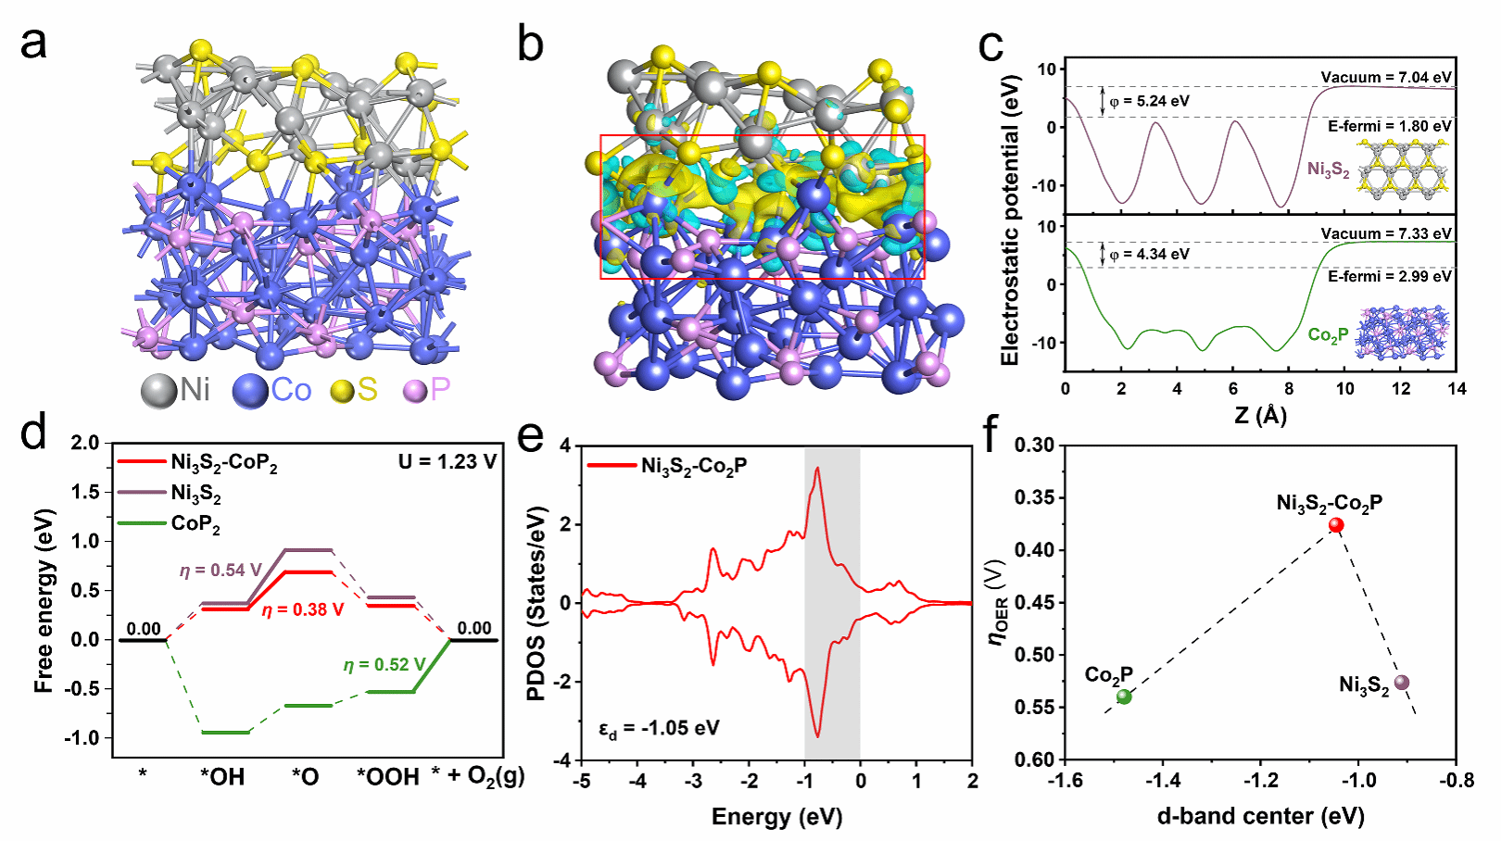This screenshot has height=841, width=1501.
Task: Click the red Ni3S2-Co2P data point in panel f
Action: point(1336,525)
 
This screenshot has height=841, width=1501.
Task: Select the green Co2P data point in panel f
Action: point(1124,697)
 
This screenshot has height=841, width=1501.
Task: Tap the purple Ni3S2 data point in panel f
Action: point(1401,683)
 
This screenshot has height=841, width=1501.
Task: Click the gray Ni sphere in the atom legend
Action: point(158,391)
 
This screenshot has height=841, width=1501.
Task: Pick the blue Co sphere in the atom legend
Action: point(250,391)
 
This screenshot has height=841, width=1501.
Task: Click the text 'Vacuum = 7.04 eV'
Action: point(1386,78)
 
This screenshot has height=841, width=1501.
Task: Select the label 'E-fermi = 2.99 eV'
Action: point(1390,277)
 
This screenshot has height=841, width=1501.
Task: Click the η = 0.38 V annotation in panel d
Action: point(303,610)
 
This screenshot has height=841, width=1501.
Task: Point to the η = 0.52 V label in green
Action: point(385,665)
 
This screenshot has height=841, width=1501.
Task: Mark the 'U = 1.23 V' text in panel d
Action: point(448,461)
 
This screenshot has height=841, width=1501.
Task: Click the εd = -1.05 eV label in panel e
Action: point(660,729)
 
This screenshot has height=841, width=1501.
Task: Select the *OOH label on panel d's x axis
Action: point(388,777)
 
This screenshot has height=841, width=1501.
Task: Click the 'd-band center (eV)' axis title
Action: point(1260,816)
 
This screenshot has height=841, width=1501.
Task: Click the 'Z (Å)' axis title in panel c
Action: point(1260,416)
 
